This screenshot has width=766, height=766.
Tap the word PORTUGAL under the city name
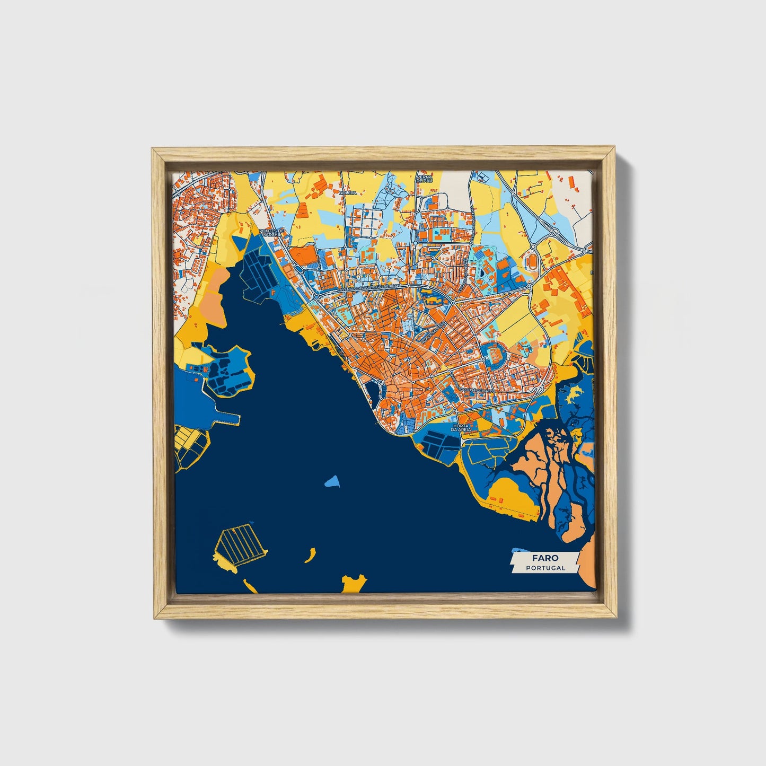(x=545, y=568)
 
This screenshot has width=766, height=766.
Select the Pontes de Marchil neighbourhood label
(x=272, y=234)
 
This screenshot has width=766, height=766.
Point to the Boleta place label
(x=348, y=193)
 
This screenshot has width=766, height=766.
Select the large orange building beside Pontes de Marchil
(x=303, y=256)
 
